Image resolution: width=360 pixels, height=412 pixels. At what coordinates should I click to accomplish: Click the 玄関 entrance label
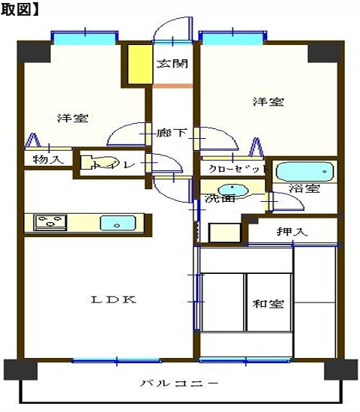pos(172,63)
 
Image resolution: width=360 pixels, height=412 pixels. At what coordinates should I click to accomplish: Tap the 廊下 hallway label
pos(172,134)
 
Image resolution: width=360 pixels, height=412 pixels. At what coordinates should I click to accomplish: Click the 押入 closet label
pos(291,232)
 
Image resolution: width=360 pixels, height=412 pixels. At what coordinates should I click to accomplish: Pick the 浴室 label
pos(307,188)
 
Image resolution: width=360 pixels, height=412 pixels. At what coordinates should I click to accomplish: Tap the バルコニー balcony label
pos(180,383)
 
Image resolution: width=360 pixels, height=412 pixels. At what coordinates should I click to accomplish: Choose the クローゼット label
pos(234,169)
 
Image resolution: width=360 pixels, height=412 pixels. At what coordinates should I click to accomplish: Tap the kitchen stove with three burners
pos(49,222)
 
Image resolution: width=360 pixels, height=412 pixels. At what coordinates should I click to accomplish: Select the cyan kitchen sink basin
pos(116,222)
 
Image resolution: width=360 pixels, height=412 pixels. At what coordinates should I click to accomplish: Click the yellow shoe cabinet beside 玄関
pos(138,65)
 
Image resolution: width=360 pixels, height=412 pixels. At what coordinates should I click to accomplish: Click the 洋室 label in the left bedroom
pos(72,119)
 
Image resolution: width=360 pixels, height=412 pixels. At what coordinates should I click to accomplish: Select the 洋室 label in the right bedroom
pos(267,102)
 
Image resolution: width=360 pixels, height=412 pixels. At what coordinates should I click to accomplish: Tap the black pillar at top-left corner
pos(33,51)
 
